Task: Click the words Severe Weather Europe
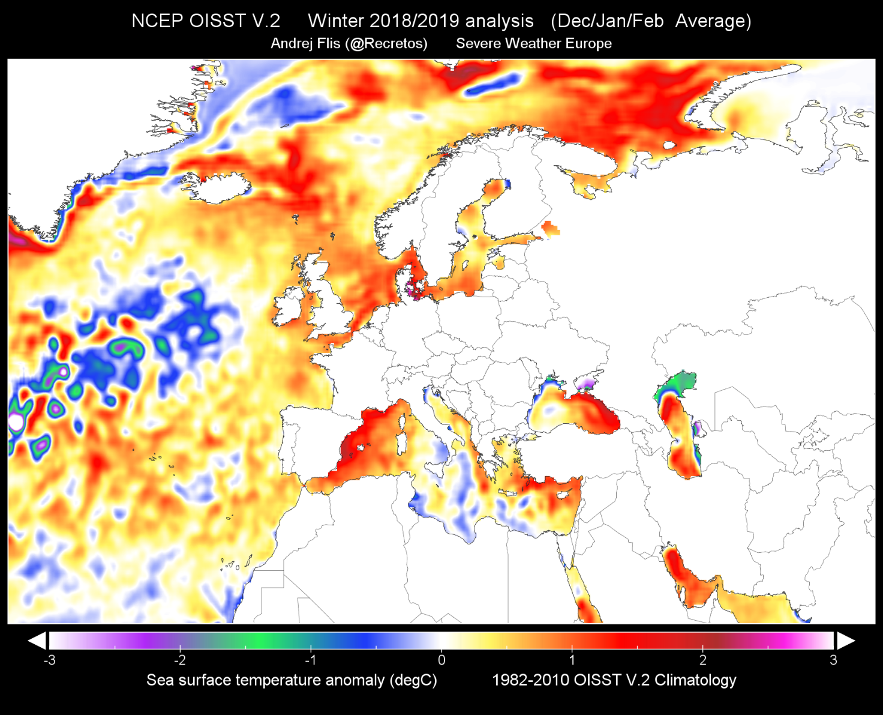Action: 534,44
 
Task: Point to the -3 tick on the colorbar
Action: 50,660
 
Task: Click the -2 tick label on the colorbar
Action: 180,660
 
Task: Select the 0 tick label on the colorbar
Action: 441,660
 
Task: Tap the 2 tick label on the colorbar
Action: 702,660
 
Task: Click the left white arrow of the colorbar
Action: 37,641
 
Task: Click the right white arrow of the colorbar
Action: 846,641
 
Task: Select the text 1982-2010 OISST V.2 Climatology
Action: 614,680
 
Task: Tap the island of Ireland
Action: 292,306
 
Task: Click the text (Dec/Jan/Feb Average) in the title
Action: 651,21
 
